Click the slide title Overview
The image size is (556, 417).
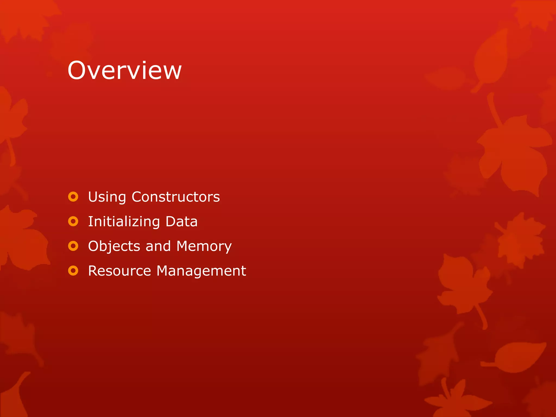tap(124, 71)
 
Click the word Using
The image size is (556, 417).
tap(107, 197)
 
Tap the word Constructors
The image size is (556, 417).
tap(176, 197)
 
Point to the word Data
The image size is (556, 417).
tap(181, 222)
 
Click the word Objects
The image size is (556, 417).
tap(114, 247)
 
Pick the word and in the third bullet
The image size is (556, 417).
tap(158, 246)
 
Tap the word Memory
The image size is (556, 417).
tap(204, 247)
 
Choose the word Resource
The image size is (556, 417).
tap(119, 271)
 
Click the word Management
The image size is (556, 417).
tap(201, 271)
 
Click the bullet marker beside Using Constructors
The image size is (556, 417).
tap(73, 197)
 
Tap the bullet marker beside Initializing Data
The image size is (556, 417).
tap(73, 221)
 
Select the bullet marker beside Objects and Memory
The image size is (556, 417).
tap(73, 246)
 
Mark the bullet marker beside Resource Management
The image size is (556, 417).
tap(73, 271)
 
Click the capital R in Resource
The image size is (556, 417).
tap(93, 271)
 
